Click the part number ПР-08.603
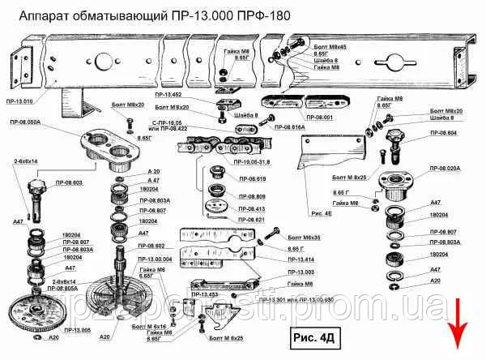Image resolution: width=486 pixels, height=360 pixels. click(x=66, y=182)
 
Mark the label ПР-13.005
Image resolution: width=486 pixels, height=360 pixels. click(x=77, y=331)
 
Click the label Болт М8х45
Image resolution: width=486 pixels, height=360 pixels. click(x=330, y=48)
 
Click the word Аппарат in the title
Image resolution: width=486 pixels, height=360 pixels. click(x=32, y=15)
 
